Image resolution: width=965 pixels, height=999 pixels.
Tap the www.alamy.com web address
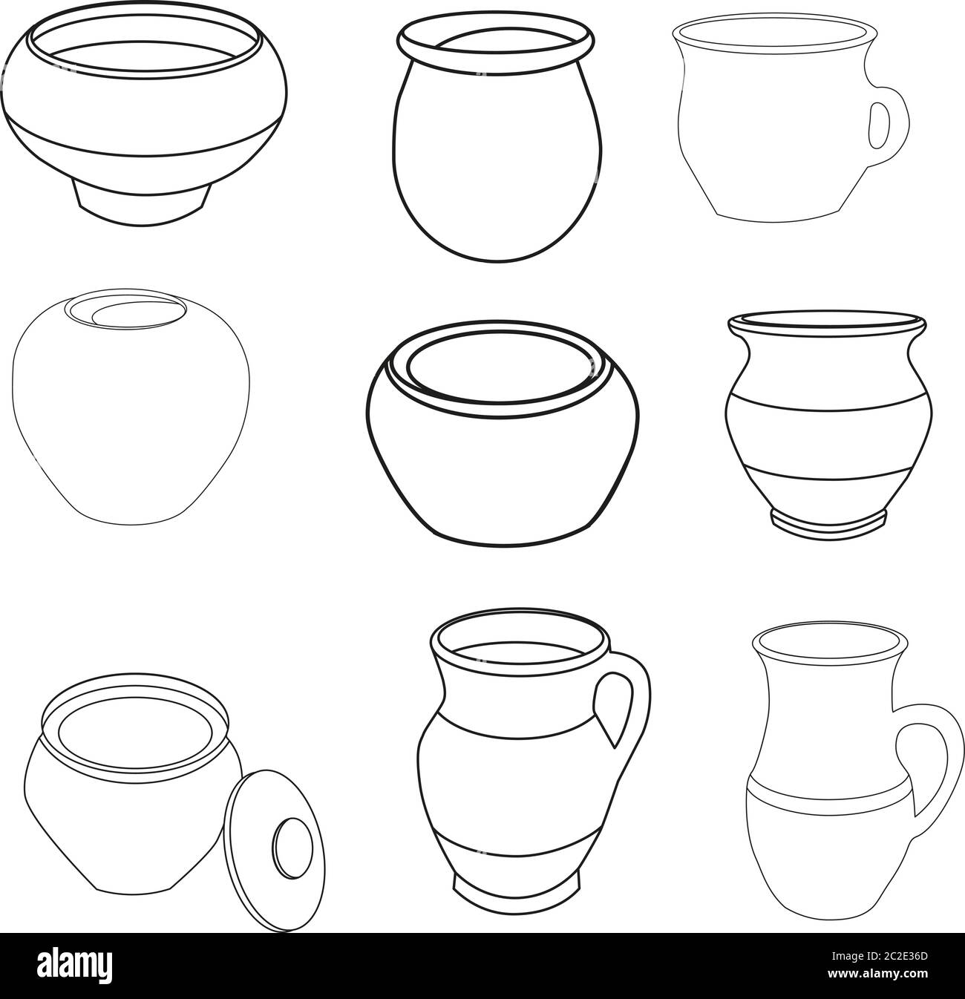pyautogui.click(x=890, y=980)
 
